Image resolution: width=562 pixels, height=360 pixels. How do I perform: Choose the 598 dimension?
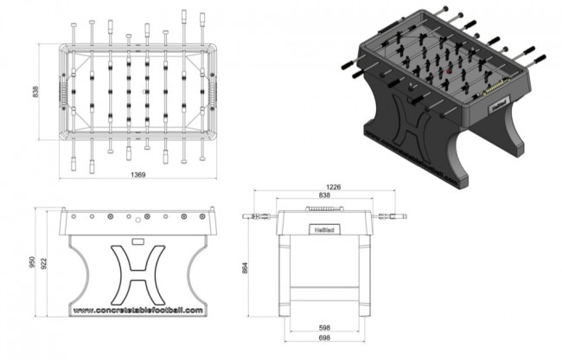pyautogui.click(x=326, y=327)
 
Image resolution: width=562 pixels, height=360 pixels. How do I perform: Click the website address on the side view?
pyautogui.click(x=137, y=309)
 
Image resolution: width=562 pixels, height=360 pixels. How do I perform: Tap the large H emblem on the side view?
pyautogui.click(x=138, y=269)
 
